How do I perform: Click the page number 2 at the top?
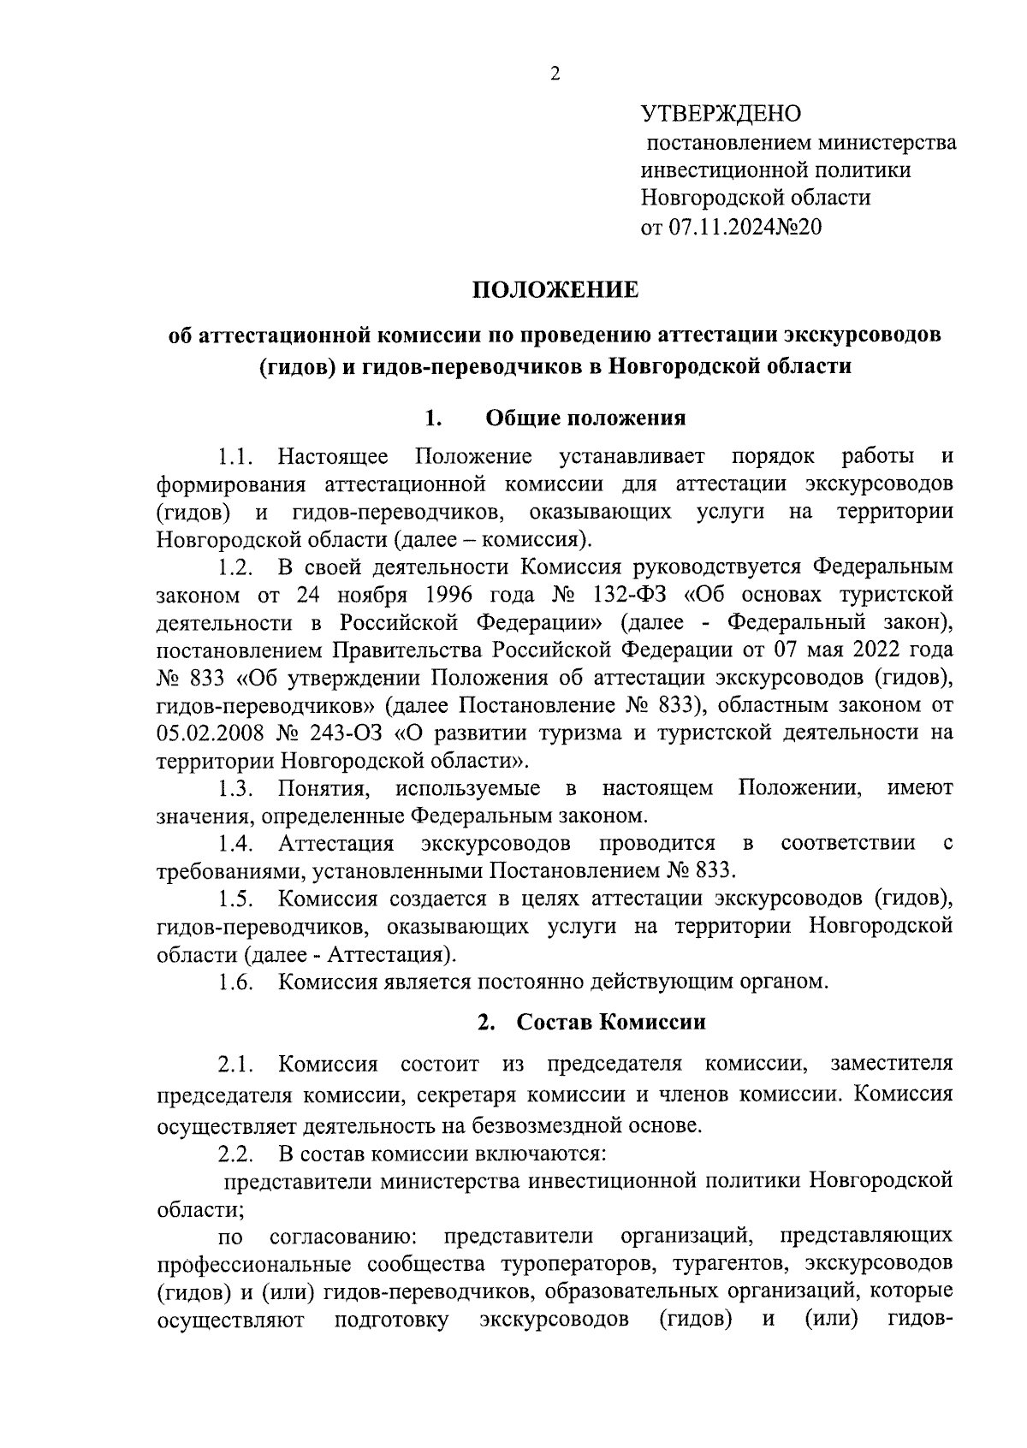(x=555, y=74)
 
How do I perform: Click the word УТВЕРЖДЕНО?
(x=721, y=113)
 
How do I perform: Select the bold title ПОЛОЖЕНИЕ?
(x=555, y=290)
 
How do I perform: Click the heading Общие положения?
(x=585, y=418)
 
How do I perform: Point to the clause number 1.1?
(x=233, y=456)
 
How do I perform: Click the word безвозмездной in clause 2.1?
(x=543, y=1125)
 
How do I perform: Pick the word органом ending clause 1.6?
(x=785, y=982)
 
